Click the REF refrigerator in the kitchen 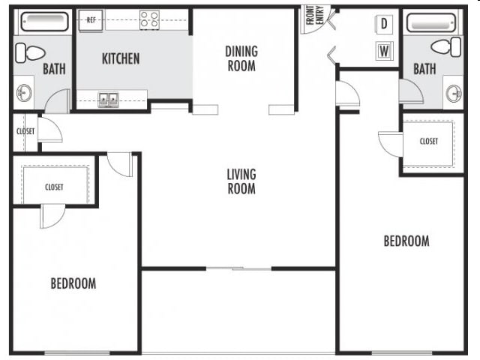coord(92,20)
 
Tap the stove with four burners coord(149,20)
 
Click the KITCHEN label coord(121,58)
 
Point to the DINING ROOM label coord(241,58)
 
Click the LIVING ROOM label coord(241,181)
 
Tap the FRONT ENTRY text coord(313,16)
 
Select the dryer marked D coord(384,24)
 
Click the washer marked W coord(384,51)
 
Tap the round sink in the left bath coord(24,94)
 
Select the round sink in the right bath coord(453,94)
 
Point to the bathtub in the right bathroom coord(433,21)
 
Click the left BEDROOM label coord(73,283)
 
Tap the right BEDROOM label coord(406,241)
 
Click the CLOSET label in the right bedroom coord(429,141)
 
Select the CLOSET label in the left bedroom coord(54,187)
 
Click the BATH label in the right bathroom coord(424,69)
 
